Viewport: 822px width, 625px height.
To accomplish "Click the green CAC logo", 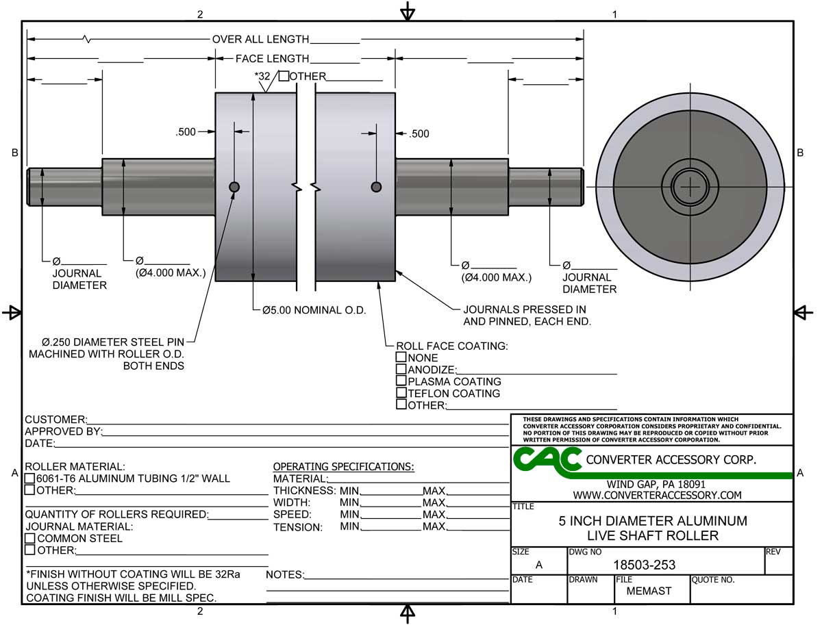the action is (x=547, y=462).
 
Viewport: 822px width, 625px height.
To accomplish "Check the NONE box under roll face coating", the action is (x=401, y=357).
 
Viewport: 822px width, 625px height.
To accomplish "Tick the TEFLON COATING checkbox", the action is (x=401, y=392).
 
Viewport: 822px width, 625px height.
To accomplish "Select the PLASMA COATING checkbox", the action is (x=401, y=380).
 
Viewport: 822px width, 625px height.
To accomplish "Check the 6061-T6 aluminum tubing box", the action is (x=29, y=478).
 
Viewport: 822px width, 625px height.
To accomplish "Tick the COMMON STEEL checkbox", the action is (x=30, y=538).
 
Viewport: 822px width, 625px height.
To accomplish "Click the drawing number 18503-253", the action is (x=644, y=564).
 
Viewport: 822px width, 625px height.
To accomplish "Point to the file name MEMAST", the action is (x=649, y=591).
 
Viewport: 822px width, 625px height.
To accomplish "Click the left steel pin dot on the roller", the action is (x=234, y=187).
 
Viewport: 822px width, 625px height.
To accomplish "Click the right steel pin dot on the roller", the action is (x=376, y=187).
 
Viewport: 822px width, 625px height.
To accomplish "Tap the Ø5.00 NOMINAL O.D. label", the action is (x=314, y=310).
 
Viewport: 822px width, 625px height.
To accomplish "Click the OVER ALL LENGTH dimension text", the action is (x=261, y=39).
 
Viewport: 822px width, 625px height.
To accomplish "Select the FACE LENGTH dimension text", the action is (x=272, y=58).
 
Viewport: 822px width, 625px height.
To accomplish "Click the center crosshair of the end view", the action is (x=690, y=186).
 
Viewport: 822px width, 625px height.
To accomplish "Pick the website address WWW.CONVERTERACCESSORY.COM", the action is (x=657, y=495).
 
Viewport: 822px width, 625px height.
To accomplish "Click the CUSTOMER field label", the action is (x=56, y=419).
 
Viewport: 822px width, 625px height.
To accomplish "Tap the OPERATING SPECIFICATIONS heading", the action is (x=343, y=466).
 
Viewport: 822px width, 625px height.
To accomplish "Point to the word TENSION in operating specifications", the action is (x=298, y=527).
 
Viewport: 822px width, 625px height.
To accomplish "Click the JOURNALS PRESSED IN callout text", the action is (x=525, y=309).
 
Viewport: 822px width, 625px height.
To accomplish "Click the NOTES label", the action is (x=286, y=574).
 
